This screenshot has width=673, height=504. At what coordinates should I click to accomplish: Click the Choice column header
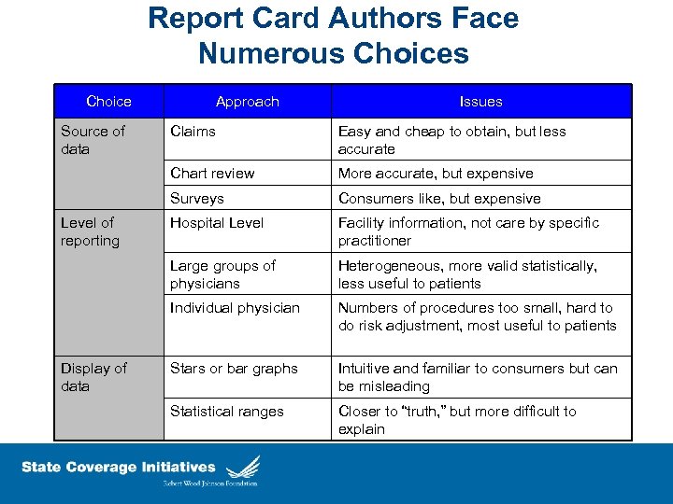pyautogui.click(x=108, y=101)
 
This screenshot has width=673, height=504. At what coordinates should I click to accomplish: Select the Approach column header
pyautogui.click(x=247, y=101)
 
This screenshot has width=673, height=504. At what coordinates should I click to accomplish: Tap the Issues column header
pyautogui.click(x=480, y=101)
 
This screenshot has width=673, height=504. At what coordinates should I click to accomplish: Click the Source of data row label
pyautogui.click(x=93, y=140)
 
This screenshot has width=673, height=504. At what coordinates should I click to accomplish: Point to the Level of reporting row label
pyautogui.click(x=90, y=231)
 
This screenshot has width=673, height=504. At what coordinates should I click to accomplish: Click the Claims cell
pyautogui.click(x=193, y=132)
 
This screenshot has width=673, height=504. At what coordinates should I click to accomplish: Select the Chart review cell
pyautogui.click(x=212, y=174)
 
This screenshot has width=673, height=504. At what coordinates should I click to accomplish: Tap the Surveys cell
pyautogui.click(x=197, y=198)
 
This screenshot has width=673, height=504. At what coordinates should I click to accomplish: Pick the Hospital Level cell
pyautogui.click(x=217, y=223)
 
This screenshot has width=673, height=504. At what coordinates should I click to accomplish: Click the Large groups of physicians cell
pyautogui.click(x=222, y=274)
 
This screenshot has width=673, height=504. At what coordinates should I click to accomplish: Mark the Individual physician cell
pyautogui.click(x=235, y=308)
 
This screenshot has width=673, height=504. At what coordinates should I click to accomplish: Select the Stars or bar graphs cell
pyautogui.click(x=234, y=369)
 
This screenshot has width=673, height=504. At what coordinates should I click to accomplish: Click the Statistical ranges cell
pyautogui.click(x=227, y=412)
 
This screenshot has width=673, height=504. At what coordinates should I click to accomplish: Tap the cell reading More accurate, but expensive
pyautogui.click(x=436, y=174)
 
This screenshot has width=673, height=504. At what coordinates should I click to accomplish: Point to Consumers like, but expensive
pyautogui.click(x=439, y=198)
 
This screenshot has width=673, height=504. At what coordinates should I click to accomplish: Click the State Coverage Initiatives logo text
pyautogui.click(x=119, y=468)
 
